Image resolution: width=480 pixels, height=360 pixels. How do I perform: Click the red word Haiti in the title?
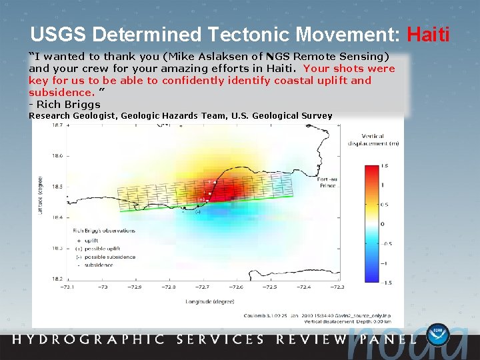tap(427, 33)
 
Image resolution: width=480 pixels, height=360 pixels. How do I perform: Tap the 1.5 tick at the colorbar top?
tap(385, 165)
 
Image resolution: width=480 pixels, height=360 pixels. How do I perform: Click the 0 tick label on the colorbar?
tap(383, 224)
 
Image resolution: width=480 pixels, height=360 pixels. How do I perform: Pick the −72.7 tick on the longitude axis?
tap(202, 287)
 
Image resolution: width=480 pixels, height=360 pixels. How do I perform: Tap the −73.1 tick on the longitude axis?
tap(67, 287)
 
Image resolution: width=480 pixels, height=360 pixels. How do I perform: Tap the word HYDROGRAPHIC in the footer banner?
tap(89, 339)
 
